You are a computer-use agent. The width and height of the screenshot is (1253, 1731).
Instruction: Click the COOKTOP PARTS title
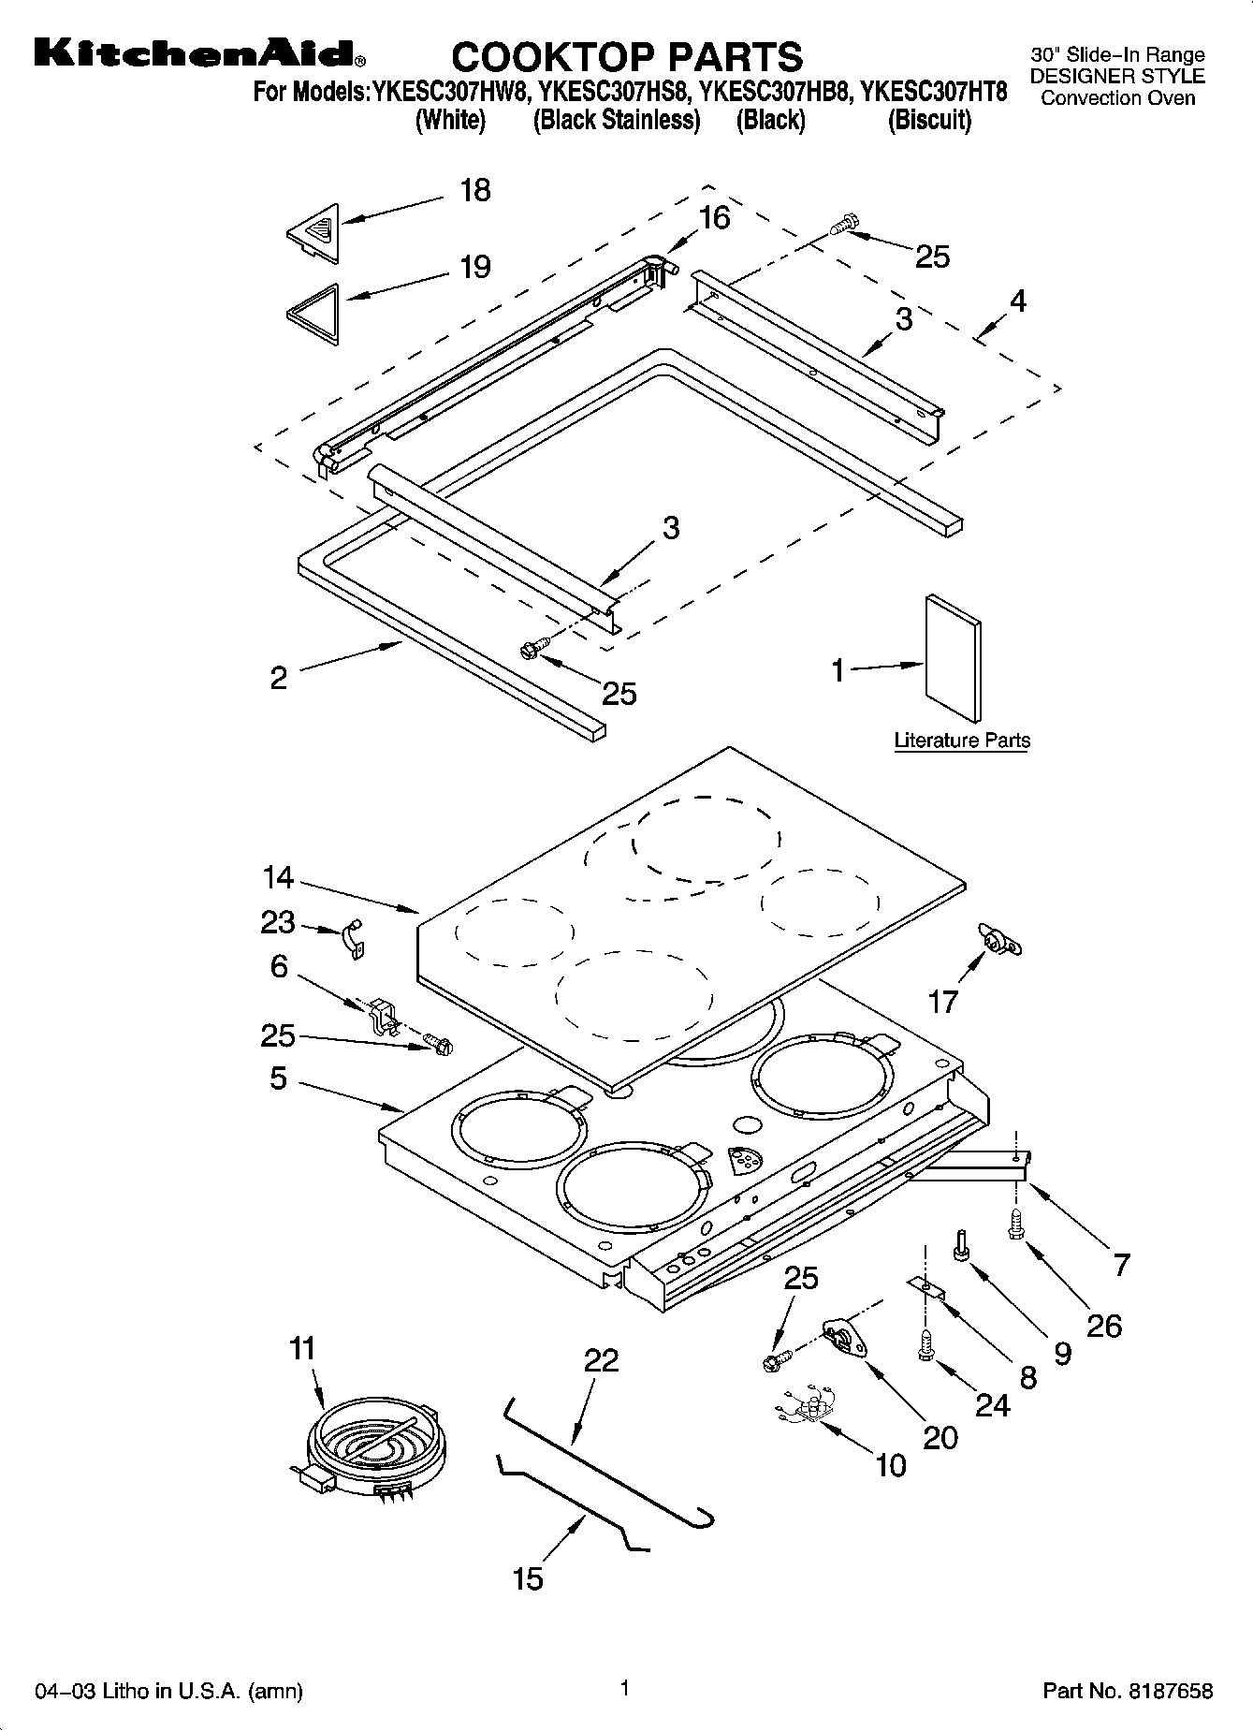coord(626,57)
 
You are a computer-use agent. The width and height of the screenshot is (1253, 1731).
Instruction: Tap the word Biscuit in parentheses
coord(928,120)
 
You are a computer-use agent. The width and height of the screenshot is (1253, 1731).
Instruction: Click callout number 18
coord(475,190)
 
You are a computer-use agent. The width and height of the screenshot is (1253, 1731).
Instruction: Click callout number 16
coord(714,218)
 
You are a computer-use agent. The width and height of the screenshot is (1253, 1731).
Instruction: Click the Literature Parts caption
coord(962,741)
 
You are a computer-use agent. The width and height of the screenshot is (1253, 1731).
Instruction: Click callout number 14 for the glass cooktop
coord(278,878)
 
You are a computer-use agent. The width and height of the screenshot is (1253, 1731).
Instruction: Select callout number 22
coord(601,1360)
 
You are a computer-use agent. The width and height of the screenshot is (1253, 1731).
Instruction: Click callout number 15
coord(528,1578)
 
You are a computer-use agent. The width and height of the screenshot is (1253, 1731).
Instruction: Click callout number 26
coord(1104,1325)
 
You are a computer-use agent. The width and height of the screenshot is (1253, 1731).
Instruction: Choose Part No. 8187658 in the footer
coord(1128,1690)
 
